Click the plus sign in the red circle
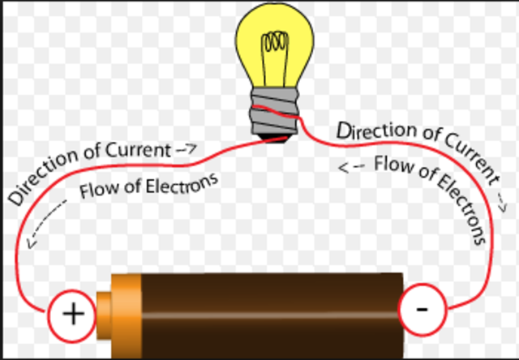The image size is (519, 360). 73,314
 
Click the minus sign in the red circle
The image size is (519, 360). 422,309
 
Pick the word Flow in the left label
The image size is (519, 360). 97,193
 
